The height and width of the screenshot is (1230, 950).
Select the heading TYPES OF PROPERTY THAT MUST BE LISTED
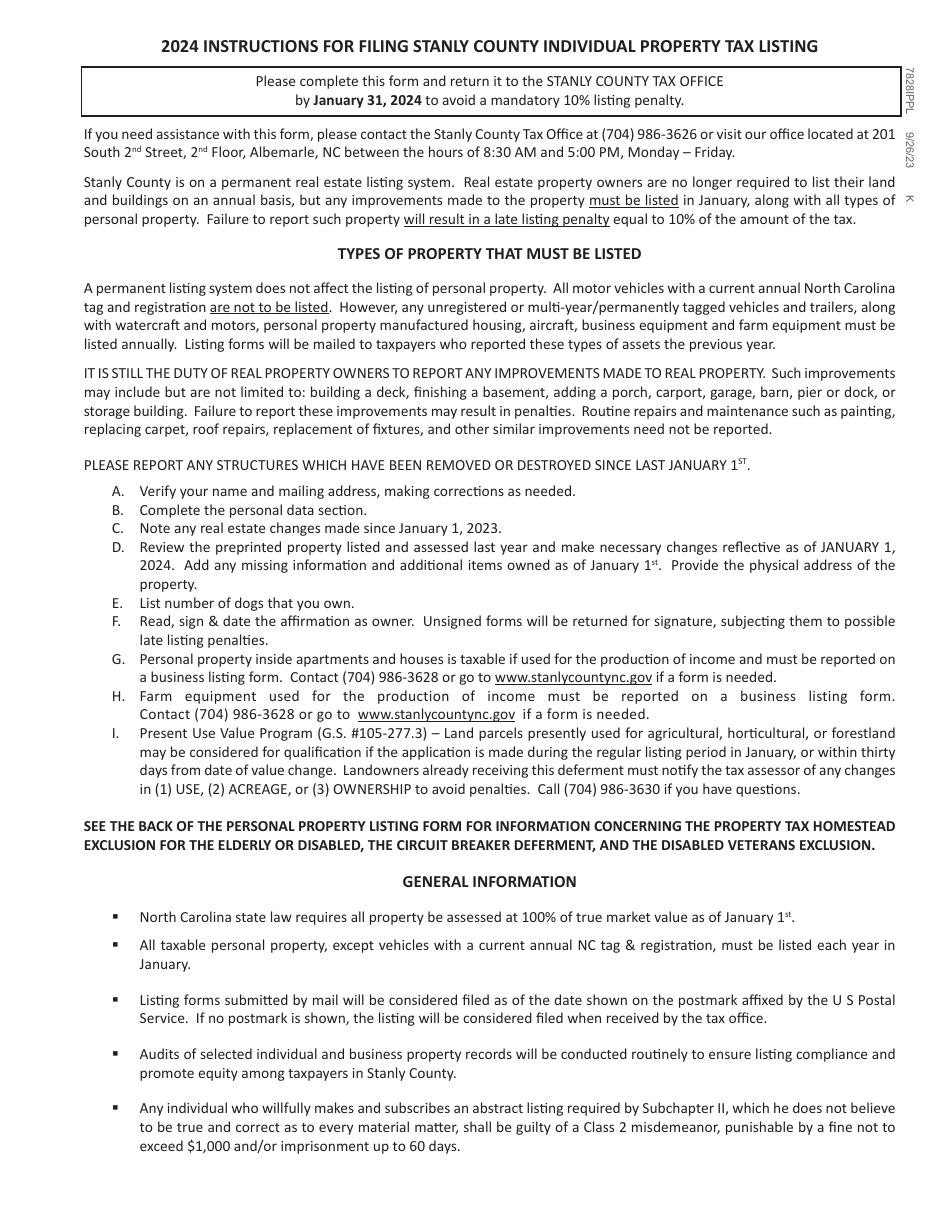489,254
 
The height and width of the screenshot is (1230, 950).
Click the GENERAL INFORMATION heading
489,881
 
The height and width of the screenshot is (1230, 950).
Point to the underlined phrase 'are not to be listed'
268,307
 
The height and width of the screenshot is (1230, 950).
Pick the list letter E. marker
118,603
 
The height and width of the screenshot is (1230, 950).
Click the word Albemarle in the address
279,152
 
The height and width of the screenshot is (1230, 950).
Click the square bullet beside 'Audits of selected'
117,1054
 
